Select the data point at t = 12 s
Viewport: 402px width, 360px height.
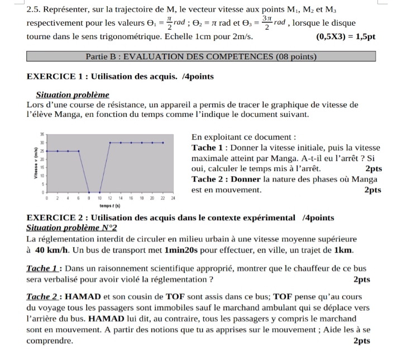point(110,143)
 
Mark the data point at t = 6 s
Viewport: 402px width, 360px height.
point(79,151)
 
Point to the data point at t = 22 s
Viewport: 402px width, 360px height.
point(163,143)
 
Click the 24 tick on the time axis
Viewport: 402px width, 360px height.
point(173,198)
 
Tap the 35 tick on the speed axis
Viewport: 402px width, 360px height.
point(42,135)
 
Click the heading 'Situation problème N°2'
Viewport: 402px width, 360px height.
point(71,228)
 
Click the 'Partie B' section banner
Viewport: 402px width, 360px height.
point(202,56)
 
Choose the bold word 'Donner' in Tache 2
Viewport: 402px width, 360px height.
point(246,179)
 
